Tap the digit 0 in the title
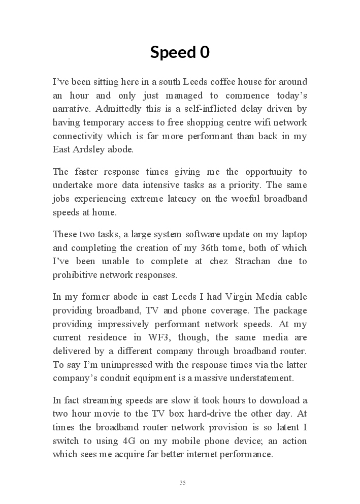[205, 52]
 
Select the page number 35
[182, 483]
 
